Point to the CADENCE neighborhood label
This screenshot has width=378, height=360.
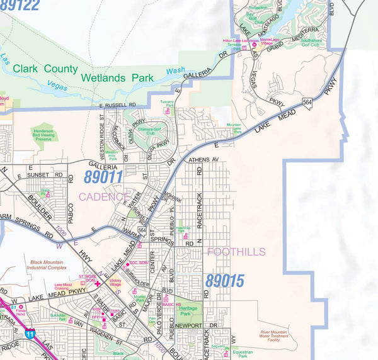[x=103, y=197]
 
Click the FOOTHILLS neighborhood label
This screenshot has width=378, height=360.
[x=236, y=252]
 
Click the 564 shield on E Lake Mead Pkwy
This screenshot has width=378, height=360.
[x=307, y=101]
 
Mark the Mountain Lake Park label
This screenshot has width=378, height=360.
[x=234, y=129]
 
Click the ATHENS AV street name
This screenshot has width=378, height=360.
[x=203, y=160]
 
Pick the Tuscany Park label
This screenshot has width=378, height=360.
[x=168, y=102]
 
